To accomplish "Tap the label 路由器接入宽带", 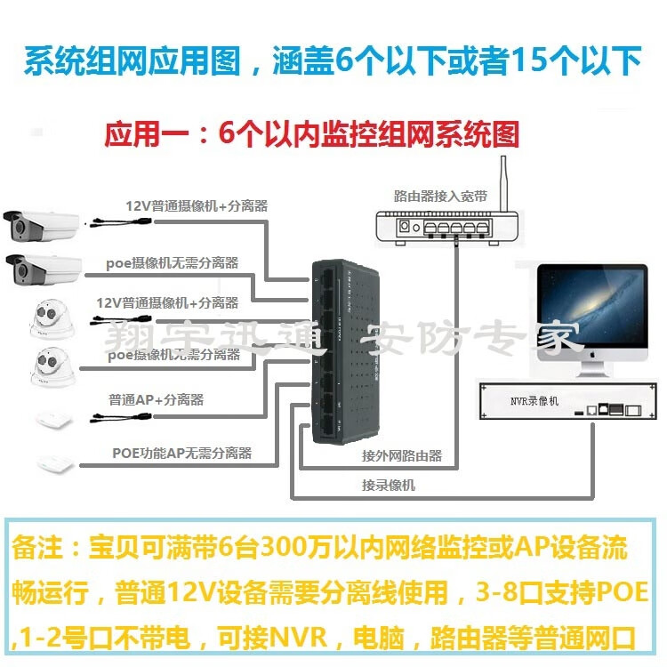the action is (440, 196).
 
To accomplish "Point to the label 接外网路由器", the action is (401, 455).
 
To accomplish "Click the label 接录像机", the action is (388, 485).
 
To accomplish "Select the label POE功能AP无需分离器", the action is (181, 454).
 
